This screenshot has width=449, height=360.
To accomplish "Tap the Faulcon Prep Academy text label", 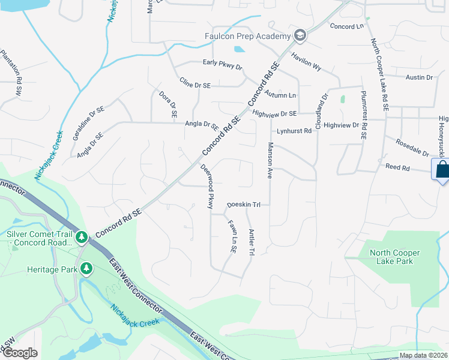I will tap(247, 37).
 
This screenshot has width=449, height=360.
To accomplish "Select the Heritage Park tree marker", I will tap(86, 269).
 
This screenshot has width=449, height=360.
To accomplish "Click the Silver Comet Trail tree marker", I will tap(82, 239).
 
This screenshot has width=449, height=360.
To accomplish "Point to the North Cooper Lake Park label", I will tap(395, 257).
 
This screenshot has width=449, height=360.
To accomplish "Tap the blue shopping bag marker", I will tap(441, 170).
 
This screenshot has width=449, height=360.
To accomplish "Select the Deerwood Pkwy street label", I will tap(207, 187).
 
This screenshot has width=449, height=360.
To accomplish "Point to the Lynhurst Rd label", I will tap(294, 131).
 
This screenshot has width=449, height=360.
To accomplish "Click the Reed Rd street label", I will tap(397, 167).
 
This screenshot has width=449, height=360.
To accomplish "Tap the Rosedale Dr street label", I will tap(412, 147).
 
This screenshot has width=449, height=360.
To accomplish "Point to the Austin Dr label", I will tap(419, 77).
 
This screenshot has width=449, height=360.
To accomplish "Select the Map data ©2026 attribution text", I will tap(423, 355).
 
